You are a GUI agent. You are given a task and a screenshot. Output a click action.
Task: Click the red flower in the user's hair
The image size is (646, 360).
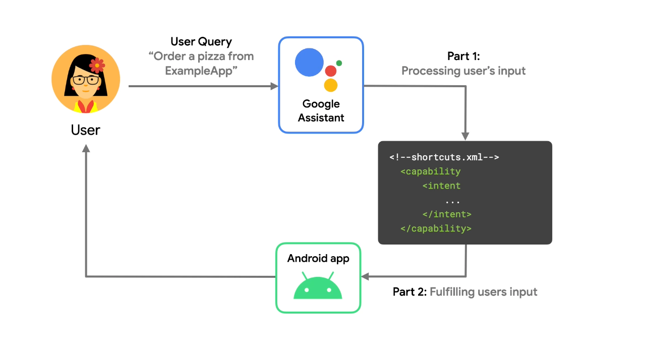point(96,65)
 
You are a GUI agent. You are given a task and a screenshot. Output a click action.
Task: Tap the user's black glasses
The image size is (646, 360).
point(85,80)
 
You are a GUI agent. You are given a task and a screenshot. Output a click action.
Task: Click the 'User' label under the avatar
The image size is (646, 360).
point(85,130)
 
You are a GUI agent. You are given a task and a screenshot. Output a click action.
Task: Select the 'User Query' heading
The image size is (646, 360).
point(201,41)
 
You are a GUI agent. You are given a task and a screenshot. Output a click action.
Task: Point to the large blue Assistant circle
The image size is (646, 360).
point(309,63)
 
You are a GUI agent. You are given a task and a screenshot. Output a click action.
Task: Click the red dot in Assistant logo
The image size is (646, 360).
point(331,71)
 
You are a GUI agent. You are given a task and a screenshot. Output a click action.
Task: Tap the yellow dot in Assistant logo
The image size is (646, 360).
point(330,85)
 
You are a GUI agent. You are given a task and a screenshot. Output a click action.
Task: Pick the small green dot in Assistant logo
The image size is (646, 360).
point(339,63)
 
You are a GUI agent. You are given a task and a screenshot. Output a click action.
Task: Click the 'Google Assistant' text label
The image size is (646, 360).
point(321,111)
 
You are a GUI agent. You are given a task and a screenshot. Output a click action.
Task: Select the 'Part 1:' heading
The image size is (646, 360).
point(463,56)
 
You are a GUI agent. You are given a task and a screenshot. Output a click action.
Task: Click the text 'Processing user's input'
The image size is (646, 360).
point(463,71)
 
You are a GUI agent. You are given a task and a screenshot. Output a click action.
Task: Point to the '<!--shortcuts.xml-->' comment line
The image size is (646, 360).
point(444,157)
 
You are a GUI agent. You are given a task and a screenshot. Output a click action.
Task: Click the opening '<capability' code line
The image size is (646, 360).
point(431,171)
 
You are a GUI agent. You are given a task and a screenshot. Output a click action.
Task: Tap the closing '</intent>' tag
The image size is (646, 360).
point(447,214)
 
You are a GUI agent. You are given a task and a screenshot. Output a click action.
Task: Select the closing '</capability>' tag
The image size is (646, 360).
point(436,228)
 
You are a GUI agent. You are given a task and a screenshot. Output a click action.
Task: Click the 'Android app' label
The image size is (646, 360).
point(318,259)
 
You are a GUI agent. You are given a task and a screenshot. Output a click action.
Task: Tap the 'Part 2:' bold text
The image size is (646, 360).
point(409,292)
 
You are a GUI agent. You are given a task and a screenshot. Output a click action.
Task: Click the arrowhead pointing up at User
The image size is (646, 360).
point(86,148)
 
